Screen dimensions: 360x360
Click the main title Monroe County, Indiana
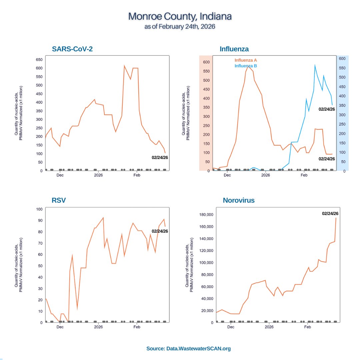coord(180,16)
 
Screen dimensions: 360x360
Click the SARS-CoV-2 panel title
coord(72,49)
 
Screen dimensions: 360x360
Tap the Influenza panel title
coord(234,49)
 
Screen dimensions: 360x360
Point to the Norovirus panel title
coord(239,200)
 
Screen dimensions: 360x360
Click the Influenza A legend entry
coord(246,60)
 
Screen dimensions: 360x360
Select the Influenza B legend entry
coord(246,66)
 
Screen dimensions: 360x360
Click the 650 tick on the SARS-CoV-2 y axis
coord(39,60)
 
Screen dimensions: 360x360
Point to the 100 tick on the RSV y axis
coord(39,209)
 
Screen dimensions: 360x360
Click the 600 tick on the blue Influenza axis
coord(342,58)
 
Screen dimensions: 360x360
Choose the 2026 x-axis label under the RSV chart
coord(98,327)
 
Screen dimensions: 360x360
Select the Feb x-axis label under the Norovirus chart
coord(308,327)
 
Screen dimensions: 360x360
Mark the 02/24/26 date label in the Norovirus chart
coord(330,213)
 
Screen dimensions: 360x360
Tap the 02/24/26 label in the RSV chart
coord(160,231)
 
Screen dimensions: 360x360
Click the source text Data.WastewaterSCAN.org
coord(189,349)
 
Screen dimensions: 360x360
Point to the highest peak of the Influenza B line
coord(315,65)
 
